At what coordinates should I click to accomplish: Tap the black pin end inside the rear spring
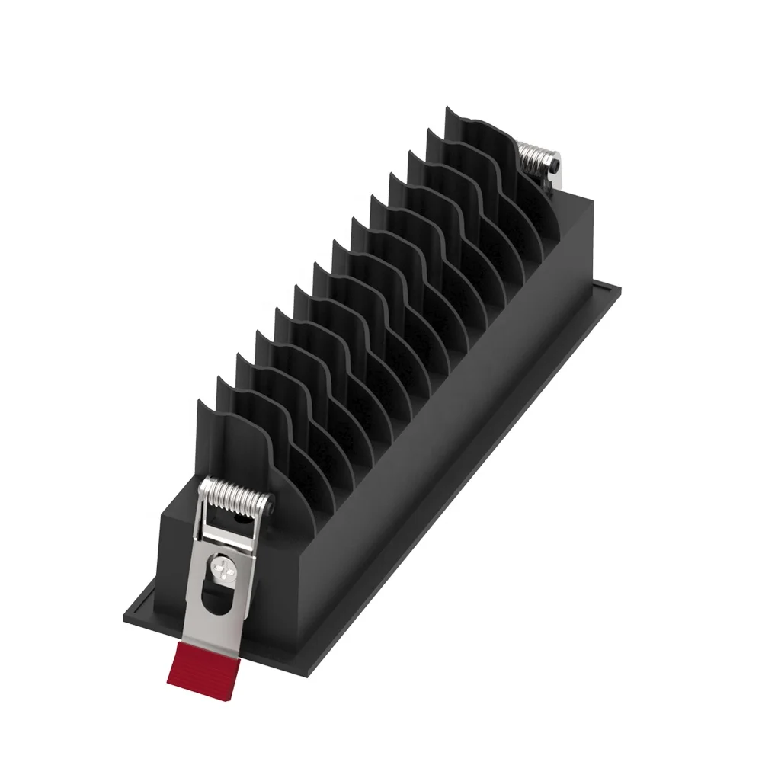pyautogui.click(x=559, y=163)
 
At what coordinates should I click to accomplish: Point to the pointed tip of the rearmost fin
pyautogui.click(x=447, y=109)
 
